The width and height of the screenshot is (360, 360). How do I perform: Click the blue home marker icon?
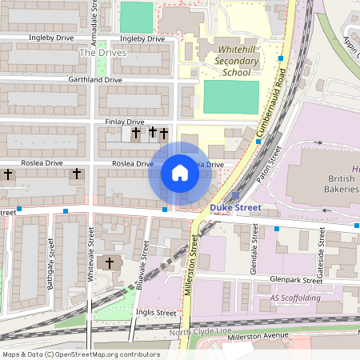pyautogui.click(x=180, y=172)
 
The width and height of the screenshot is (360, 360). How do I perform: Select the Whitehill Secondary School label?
pyautogui.click(x=238, y=60)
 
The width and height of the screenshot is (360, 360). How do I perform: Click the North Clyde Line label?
pyautogui.click(x=200, y=332)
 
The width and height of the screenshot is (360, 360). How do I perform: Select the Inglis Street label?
pyautogui.click(x=155, y=312)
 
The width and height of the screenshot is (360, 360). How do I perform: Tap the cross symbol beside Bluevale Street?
pyautogui.click(x=110, y=263)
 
